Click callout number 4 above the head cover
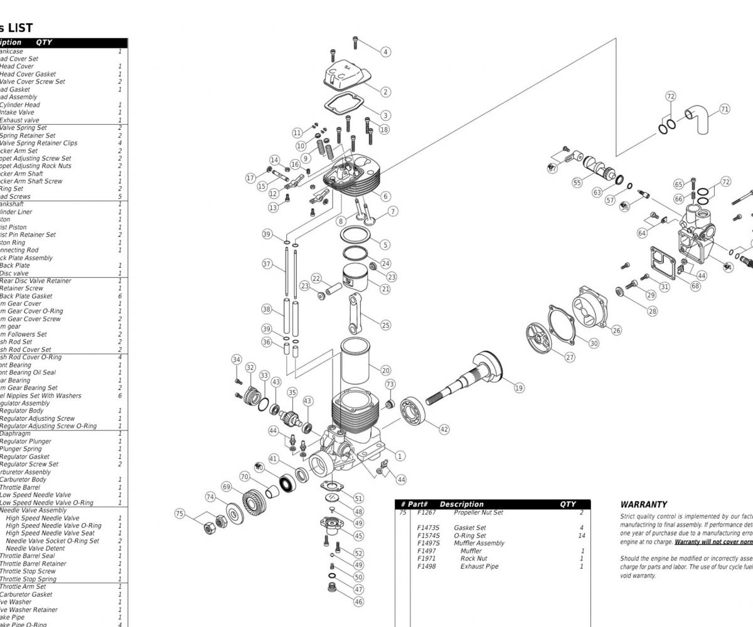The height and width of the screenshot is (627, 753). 386,52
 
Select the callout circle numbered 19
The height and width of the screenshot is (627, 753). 519,388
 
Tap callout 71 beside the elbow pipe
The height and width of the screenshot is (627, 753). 725,109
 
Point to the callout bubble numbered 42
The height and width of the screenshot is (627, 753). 444,429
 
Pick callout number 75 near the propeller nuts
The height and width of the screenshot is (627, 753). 180,514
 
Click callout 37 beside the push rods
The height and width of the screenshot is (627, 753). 267,264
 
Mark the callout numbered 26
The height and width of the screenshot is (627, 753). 616,330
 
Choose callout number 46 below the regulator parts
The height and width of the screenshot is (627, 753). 358,601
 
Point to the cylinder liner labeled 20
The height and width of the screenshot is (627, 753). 358,363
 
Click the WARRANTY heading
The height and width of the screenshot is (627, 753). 643,504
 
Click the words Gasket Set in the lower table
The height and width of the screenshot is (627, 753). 469,528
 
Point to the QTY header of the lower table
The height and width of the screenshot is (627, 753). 567,504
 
